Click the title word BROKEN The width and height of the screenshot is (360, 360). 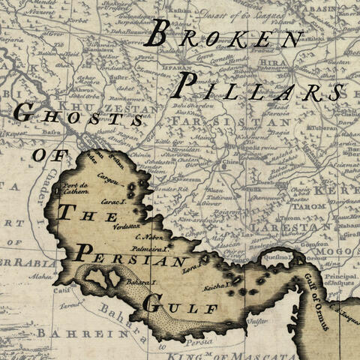tap(226, 36)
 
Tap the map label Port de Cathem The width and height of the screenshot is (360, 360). tap(76, 187)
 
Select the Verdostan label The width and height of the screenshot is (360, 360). tap(127, 224)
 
